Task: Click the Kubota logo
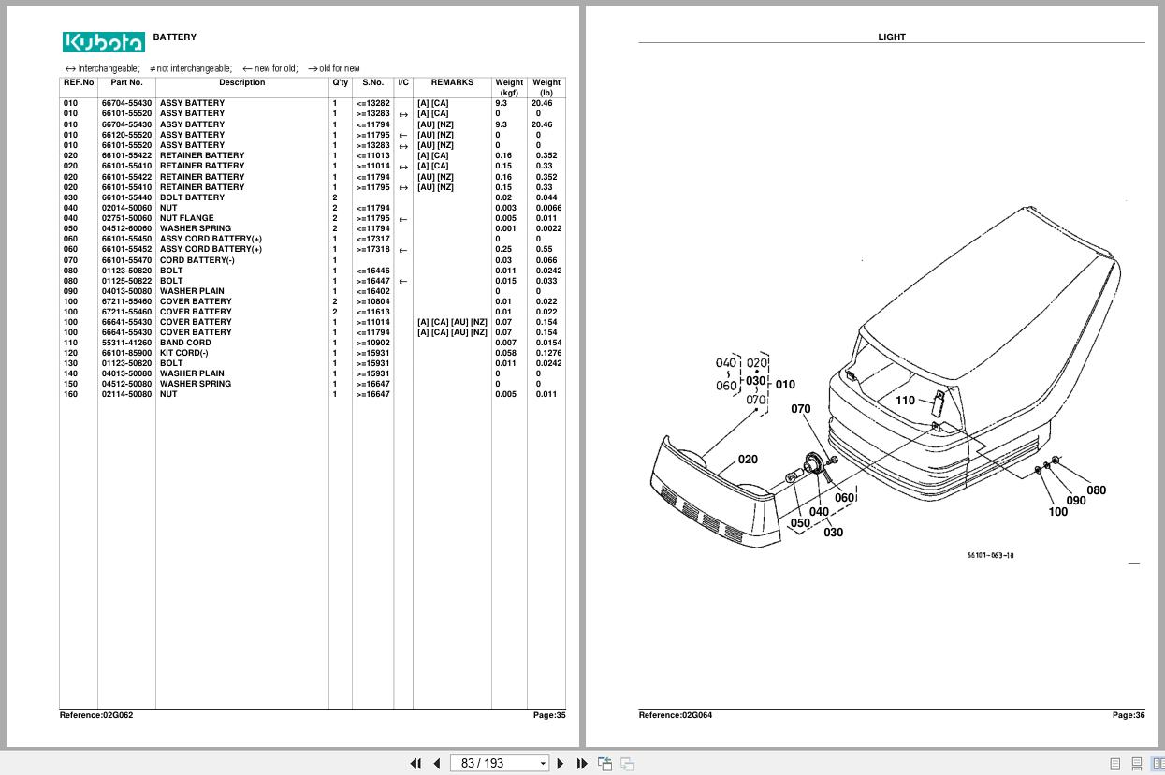104,42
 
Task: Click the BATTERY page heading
175,37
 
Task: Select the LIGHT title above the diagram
891,37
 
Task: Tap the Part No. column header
126,82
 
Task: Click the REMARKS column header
452,82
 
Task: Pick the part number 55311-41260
126,343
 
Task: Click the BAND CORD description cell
185,343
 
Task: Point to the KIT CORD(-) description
184,353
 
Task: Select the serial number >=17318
372,250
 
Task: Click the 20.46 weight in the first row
542,104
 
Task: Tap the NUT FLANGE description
186,218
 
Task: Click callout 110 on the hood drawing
905,401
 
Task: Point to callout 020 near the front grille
748,460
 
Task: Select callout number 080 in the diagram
1096,490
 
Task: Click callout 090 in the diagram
1076,501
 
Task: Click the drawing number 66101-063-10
990,555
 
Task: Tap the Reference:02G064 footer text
675,715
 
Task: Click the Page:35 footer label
549,715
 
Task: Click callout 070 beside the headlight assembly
800,409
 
